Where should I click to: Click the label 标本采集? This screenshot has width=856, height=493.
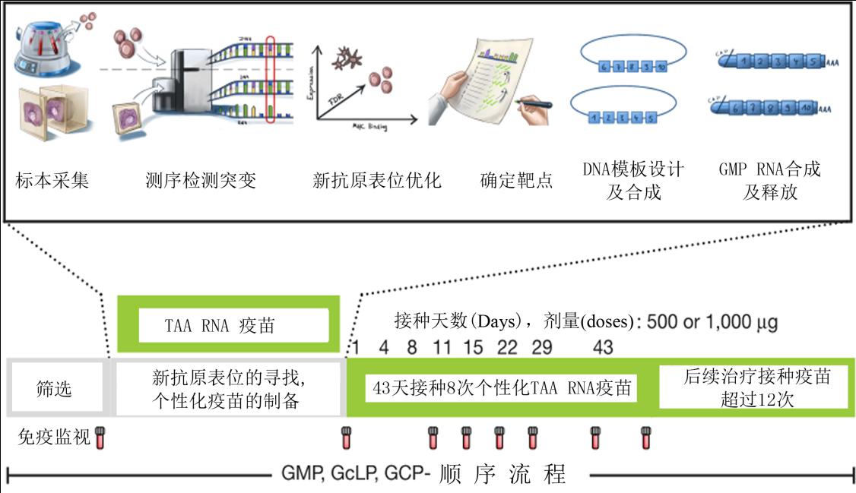pyautogui.click(x=52, y=181)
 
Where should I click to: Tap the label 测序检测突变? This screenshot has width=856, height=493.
pyautogui.click(x=201, y=181)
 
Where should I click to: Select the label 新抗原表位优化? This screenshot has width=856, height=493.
pyautogui.click(x=377, y=181)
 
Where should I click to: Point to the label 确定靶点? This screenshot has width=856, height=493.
pyautogui.click(x=517, y=181)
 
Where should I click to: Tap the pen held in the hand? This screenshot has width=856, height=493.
pyautogui.click(x=532, y=103)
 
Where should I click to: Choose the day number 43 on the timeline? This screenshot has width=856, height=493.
pyautogui.click(x=602, y=347)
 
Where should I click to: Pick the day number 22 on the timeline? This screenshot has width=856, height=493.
pyautogui.click(x=507, y=347)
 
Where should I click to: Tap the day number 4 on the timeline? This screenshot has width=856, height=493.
pyautogui.click(x=384, y=347)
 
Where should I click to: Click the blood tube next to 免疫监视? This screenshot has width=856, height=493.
pyautogui.click(x=100, y=437)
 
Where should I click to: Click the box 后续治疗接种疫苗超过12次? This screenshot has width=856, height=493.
pyautogui.click(x=753, y=387)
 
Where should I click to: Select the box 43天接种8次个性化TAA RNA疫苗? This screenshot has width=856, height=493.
pyautogui.click(x=502, y=387)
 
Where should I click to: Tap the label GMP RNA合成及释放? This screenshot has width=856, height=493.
pyautogui.click(x=769, y=180)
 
